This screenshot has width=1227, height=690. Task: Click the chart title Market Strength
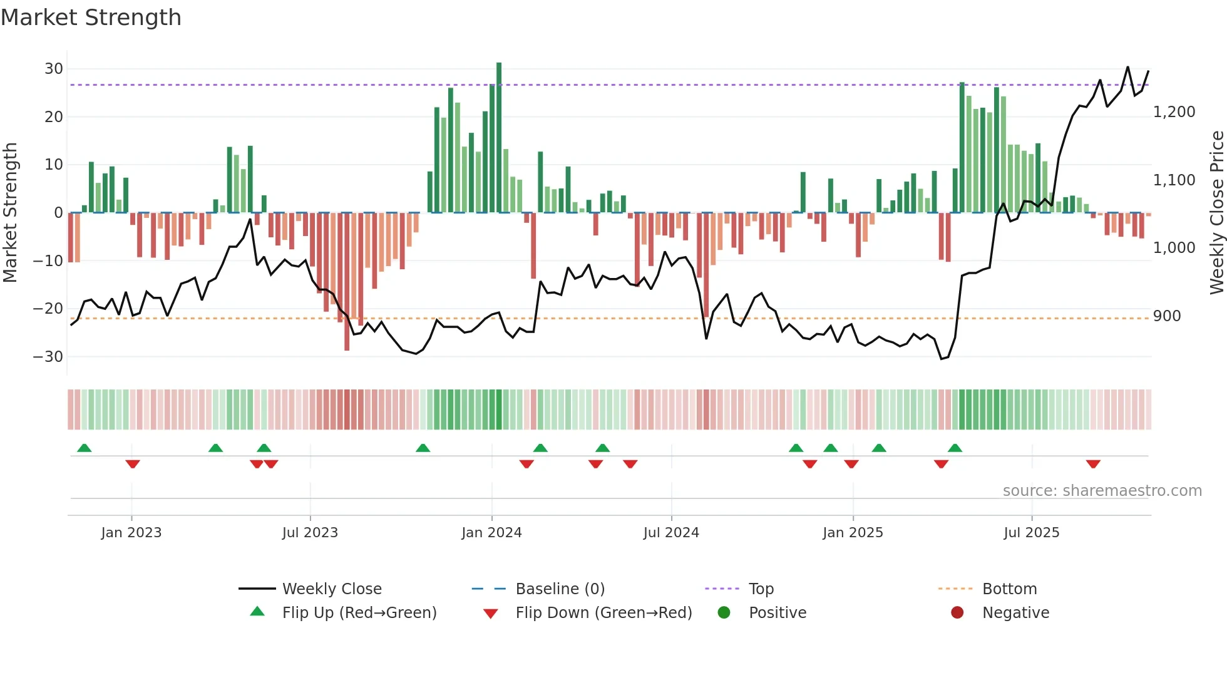[91, 18]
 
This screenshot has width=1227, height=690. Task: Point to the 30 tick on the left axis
[54, 69]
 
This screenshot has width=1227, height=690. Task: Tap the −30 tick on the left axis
[48, 357]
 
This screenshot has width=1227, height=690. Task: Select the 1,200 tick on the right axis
[1174, 112]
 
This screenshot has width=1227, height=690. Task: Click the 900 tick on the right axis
[1167, 316]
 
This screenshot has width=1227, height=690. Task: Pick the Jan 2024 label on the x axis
[491, 533]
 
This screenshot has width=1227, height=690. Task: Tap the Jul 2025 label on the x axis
[1031, 533]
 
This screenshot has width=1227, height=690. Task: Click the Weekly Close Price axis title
[1216, 213]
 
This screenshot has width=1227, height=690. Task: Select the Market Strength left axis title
[10, 213]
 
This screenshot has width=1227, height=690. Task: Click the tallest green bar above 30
[499, 138]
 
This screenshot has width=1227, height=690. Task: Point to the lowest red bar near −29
[347, 282]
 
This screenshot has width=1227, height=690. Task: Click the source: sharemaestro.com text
[1102, 491]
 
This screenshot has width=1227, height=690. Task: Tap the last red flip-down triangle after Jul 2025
[1093, 464]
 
